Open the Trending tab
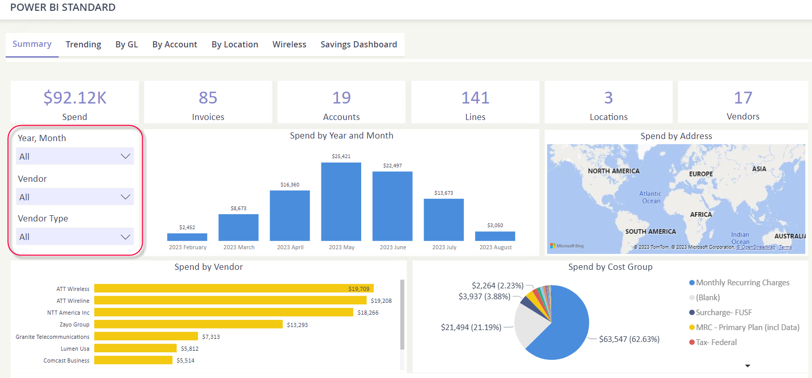83,44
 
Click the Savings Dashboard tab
359,44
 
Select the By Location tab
234,44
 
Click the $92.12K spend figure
75,97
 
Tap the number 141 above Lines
475,97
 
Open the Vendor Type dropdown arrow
125,237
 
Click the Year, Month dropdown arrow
125,156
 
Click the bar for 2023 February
187,237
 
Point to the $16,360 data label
290,184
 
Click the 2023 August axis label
496,247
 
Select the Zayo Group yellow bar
188,324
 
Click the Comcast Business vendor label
66,360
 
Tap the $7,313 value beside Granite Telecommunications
211,337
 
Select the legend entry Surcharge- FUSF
723,313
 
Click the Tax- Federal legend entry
716,342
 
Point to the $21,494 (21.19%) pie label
471,327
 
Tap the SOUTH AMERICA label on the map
650,232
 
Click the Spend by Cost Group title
610,267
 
